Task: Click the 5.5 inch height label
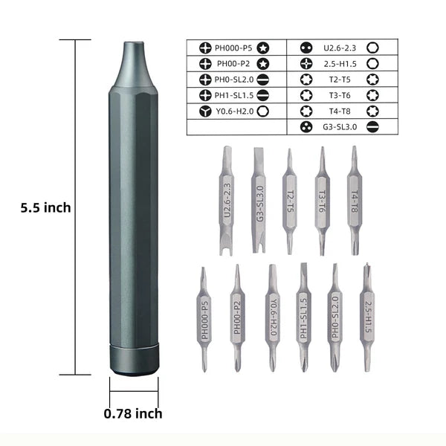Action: (46, 208)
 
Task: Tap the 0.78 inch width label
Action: (133, 414)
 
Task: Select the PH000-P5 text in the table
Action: (233, 48)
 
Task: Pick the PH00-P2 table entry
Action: (233, 64)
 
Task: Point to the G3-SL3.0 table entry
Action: (340, 126)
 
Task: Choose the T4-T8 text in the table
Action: (341, 111)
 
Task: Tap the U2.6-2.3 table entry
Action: (340, 48)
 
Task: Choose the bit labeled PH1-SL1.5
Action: (303, 316)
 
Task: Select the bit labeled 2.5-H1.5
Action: (368, 316)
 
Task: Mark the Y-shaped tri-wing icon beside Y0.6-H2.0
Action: (204, 111)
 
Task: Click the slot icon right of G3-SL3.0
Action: (372, 126)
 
